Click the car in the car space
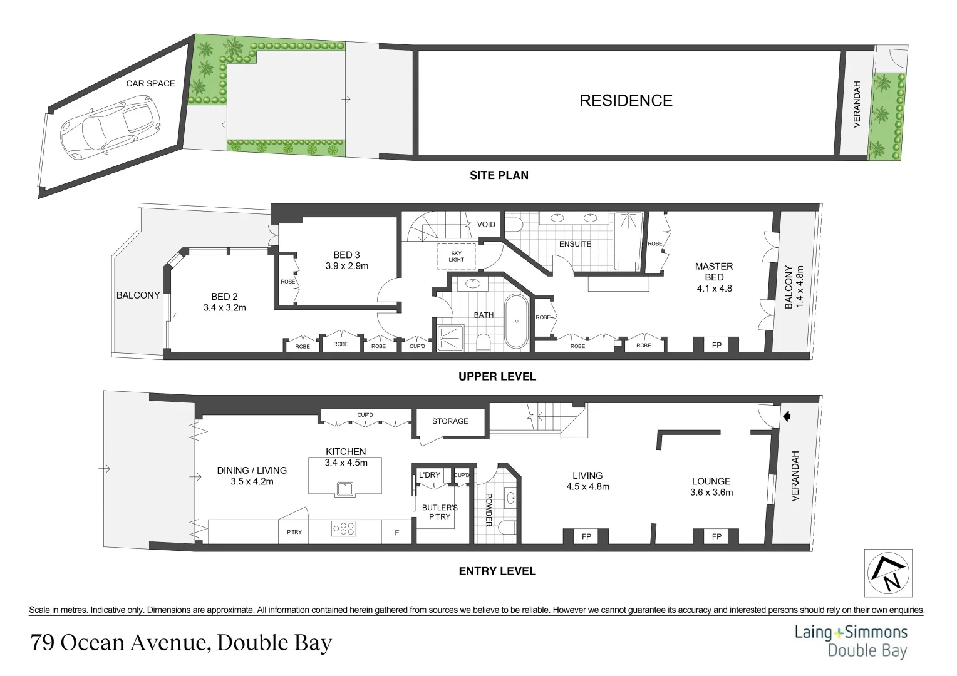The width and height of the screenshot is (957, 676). click(109, 125)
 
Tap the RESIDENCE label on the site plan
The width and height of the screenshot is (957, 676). click(626, 101)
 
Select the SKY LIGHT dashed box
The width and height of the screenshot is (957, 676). click(456, 256)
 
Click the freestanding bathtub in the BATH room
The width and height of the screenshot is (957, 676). click(517, 320)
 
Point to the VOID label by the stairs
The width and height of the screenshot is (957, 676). click(486, 224)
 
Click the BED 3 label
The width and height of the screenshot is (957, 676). click(346, 255)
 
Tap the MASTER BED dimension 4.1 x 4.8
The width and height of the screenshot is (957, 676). click(714, 289)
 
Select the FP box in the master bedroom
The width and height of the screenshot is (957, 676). click(716, 345)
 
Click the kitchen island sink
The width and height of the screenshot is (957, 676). click(344, 488)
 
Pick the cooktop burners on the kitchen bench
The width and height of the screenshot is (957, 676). click(344, 530)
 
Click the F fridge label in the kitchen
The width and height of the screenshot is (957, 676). click(396, 533)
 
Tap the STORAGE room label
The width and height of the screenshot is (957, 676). click(450, 421)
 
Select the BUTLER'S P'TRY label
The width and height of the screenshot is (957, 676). click(440, 512)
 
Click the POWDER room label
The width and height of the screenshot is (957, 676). click(489, 510)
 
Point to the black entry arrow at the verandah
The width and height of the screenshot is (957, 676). click(787, 416)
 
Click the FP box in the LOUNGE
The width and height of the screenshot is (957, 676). click(716, 536)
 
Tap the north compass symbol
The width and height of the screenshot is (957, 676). click(888, 573)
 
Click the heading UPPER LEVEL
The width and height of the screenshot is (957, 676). click(497, 377)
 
